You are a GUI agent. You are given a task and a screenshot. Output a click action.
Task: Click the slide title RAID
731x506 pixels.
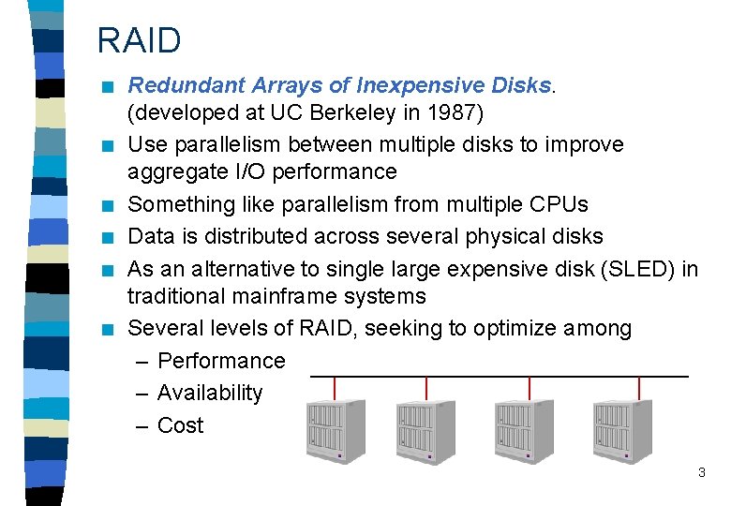click(140, 40)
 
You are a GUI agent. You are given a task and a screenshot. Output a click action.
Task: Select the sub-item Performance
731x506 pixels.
click(221, 361)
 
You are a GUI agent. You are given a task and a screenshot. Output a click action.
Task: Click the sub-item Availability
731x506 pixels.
click(210, 393)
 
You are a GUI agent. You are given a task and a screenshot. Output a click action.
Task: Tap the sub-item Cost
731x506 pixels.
click(180, 425)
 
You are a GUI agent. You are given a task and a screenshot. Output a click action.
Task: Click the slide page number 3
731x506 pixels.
click(701, 473)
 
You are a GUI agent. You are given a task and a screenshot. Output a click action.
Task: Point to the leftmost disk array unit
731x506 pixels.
click(334, 430)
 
